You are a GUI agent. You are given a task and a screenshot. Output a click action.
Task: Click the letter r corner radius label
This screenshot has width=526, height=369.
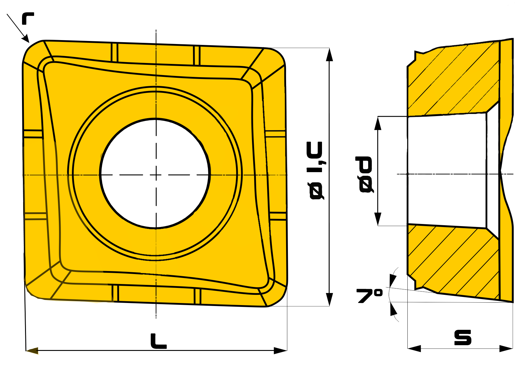28,18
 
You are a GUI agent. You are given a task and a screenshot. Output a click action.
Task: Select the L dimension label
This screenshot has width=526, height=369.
158,341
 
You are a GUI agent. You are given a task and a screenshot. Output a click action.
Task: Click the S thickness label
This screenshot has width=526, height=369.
463,337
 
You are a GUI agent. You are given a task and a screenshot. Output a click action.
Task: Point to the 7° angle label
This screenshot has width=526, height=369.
370,295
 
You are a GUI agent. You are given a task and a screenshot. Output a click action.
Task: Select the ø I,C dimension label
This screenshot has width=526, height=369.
316,170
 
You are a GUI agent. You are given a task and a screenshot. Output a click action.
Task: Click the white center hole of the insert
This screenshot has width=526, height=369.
155,173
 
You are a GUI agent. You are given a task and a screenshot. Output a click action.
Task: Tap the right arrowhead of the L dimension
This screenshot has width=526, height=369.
280,351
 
